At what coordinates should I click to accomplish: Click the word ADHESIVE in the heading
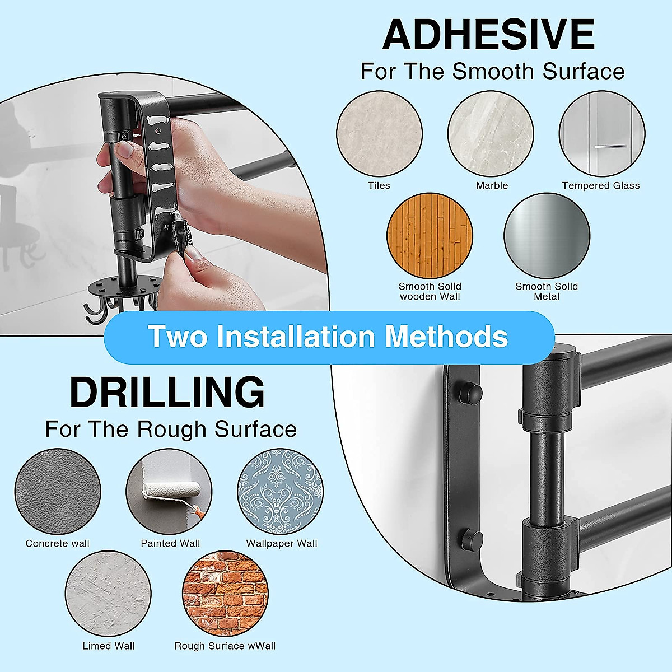(x=488, y=35)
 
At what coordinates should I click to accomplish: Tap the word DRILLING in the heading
(x=167, y=393)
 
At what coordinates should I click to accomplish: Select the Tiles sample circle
(x=379, y=135)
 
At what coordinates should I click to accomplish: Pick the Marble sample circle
(x=491, y=135)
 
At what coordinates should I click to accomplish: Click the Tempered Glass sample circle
(x=602, y=135)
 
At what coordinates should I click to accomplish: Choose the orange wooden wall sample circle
(x=430, y=236)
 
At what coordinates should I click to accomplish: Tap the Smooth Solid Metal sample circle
(x=547, y=236)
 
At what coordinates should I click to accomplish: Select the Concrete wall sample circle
(x=58, y=492)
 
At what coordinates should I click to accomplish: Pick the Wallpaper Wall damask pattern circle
(x=280, y=492)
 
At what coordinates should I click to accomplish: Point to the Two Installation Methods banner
(x=329, y=337)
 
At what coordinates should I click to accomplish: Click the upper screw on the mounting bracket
(x=469, y=392)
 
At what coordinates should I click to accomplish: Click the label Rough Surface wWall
(x=225, y=646)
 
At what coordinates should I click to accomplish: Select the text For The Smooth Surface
(x=492, y=72)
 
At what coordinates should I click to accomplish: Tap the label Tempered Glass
(x=600, y=186)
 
